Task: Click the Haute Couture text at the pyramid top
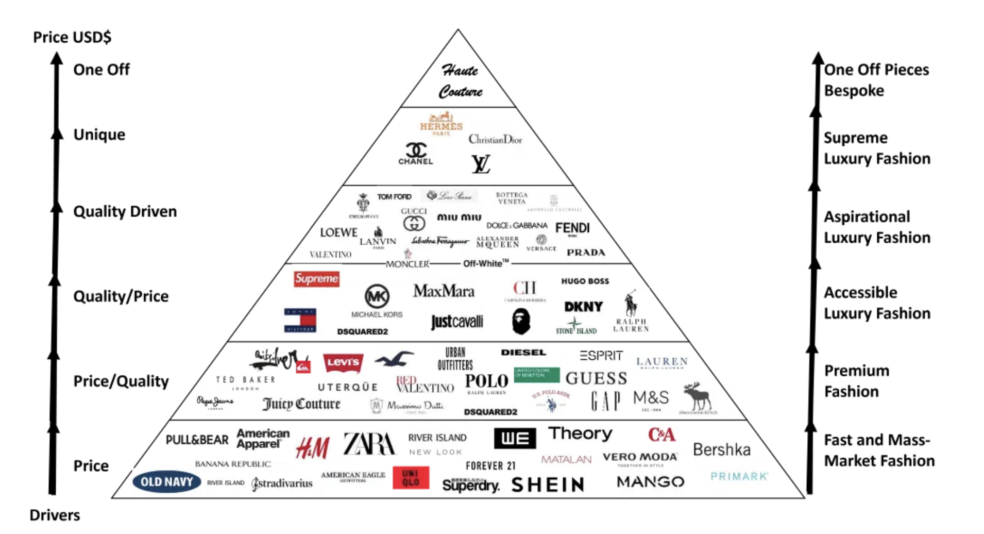460,81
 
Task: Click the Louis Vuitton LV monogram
481,164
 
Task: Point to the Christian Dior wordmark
495,139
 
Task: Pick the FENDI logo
572,228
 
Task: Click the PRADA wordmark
586,253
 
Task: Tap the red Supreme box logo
317,279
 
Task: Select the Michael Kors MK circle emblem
377,296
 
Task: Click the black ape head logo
521,321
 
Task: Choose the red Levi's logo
343,362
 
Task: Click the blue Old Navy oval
166,482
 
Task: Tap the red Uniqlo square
411,478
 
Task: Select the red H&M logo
313,447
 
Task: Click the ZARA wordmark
369,443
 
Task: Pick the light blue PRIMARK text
739,476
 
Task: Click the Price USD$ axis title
72,37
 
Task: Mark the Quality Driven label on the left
125,211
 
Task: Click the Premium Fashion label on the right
857,381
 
